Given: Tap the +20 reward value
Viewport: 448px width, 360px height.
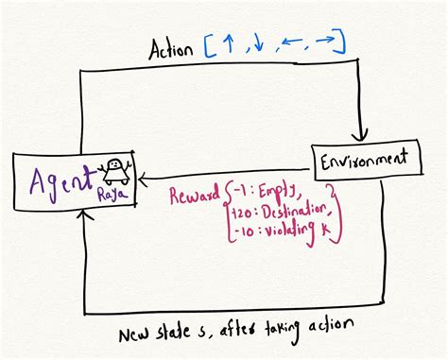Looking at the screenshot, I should pos(241,212).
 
